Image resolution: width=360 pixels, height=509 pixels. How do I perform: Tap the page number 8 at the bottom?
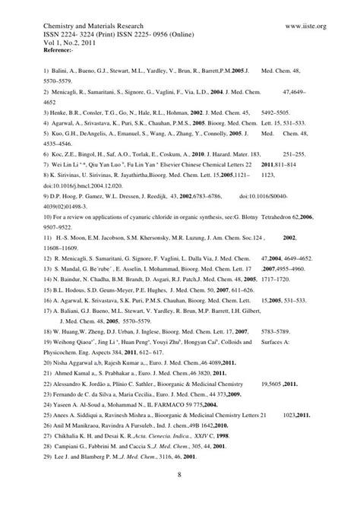click(179, 475)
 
